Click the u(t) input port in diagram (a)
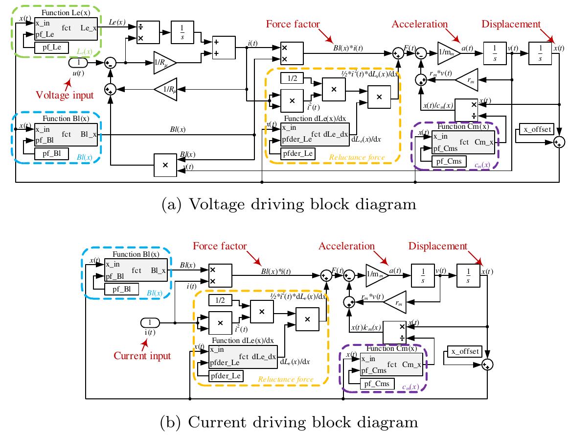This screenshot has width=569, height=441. (77, 63)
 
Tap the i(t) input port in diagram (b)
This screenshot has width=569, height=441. (150, 322)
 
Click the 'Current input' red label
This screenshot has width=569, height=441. (142, 356)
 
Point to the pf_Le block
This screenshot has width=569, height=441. (51, 48)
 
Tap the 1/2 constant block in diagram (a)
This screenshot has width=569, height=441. (293, 78)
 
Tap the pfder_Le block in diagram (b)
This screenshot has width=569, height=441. (226, 376)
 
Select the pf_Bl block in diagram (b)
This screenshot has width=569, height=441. (121, 289)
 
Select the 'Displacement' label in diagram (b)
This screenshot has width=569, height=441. (438, 246)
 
